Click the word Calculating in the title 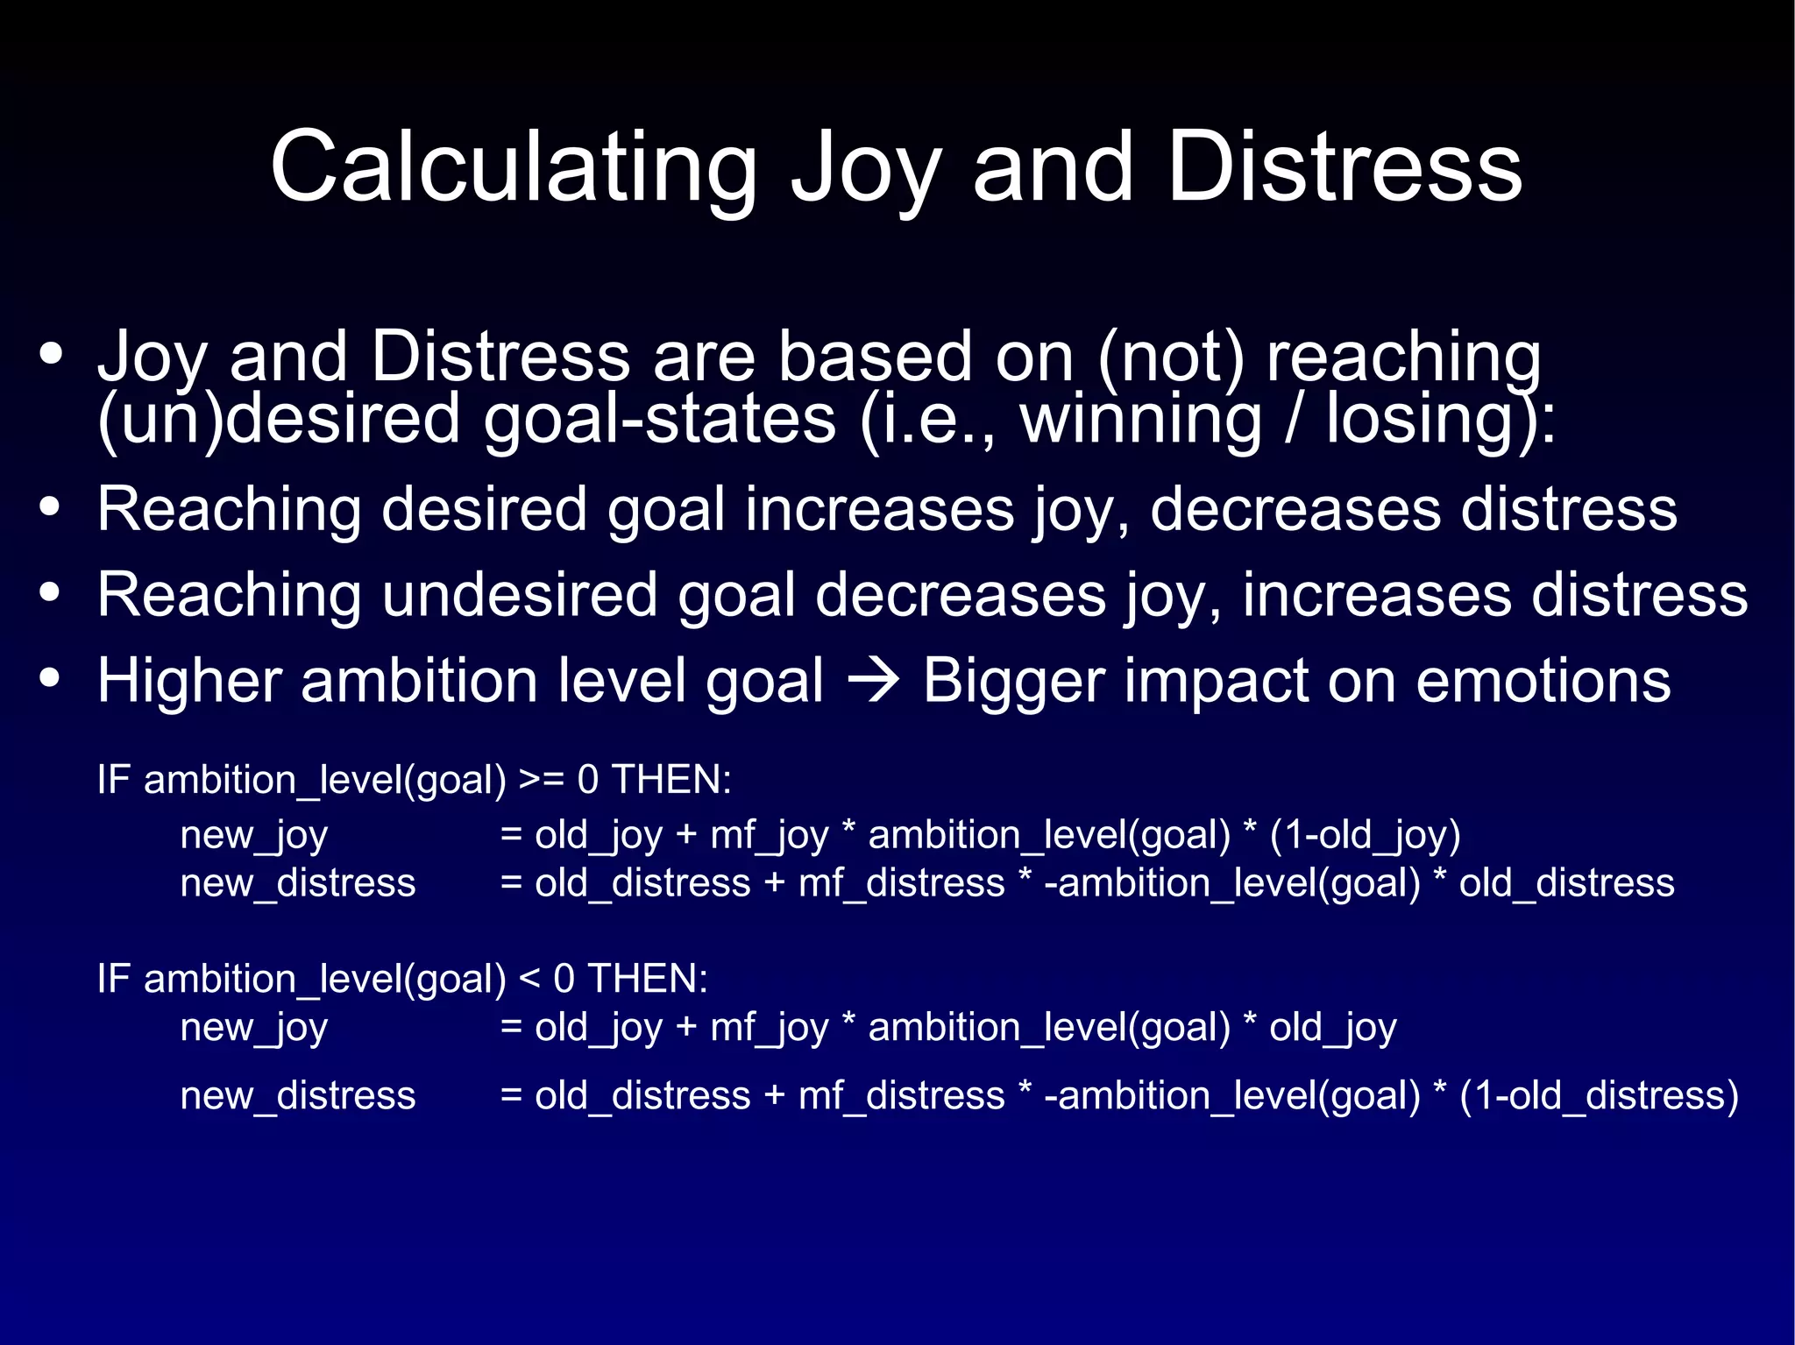pyautogui.click(x=514, y=168)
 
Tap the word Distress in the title pyautogui.click(x=1344, y=168)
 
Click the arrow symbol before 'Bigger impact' pyautogui.click(x=873, y=681)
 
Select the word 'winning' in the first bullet pyautogui.click(x=1140, y=419)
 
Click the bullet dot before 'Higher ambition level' pyautogui.click(x=51, y=678)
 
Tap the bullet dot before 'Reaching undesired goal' pyautogui.click(x=51, y=593)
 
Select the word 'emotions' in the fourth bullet pyautogui.click(x=1543, y=681)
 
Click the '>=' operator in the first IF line pyautogui.click(x=541, y=779)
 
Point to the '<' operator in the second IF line pyautogui.click(x=529, y=978)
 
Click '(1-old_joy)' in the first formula pyautogui.click(x=1365, y=834)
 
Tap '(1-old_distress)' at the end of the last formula pyautogui.click(x=1599, y=1095)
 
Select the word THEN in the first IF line pyautogui.click(x=670, y=779)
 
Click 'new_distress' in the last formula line pyautogui.click(x=298, y=1095)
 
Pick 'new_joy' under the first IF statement pyautogui.click(x=254, y=835)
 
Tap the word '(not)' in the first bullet pyautogui.click(x=1170, y=357)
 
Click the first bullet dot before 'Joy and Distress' pyautogui.click(x=51, y=354)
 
